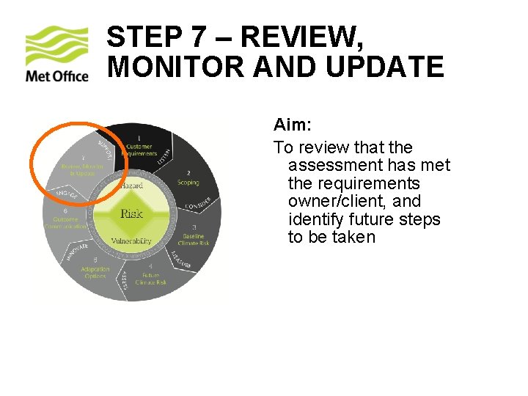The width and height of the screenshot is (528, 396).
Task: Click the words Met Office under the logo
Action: tap(56, 76)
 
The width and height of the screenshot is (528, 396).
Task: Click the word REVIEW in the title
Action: tap(300, 37)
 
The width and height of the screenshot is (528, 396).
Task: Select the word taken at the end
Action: tap(353, 237)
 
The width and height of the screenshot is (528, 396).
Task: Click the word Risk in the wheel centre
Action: tap(131, 213)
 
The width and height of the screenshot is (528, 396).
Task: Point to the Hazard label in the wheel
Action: tap(131, 186)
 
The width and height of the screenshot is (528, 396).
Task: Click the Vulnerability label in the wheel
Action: tap(131, 241)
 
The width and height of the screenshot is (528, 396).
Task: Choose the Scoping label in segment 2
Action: tap(188, 182)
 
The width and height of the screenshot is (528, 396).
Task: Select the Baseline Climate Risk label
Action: tap(194, 239)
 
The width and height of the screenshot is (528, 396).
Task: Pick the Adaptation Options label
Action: tap(95, 272)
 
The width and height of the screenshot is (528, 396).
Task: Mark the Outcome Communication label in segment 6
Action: tap(66, 223)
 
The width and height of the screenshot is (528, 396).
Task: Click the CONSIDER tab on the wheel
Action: tap(198, 202)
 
